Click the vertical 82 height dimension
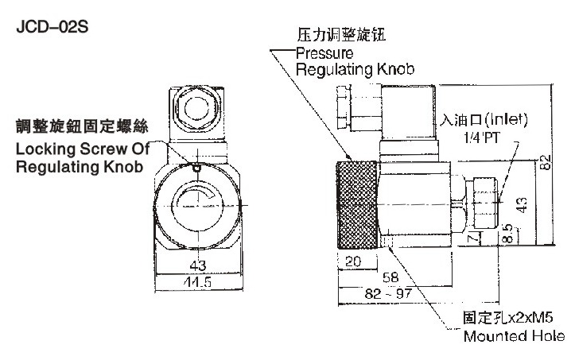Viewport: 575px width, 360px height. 545,164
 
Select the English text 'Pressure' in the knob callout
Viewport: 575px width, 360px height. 324,54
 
